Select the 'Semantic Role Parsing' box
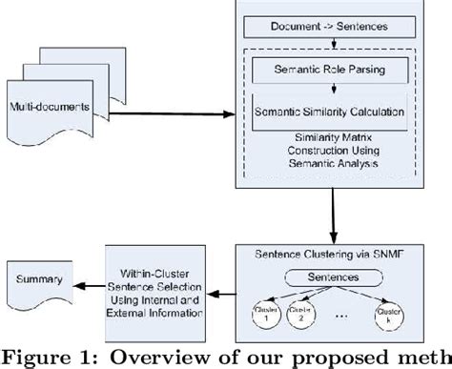(x=328, y=69)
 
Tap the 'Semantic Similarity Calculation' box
(x=329, y=113)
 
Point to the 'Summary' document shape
(x=38, y=283)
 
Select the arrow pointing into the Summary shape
(x=91, y=283)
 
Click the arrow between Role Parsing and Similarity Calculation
(x=328, y=89)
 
